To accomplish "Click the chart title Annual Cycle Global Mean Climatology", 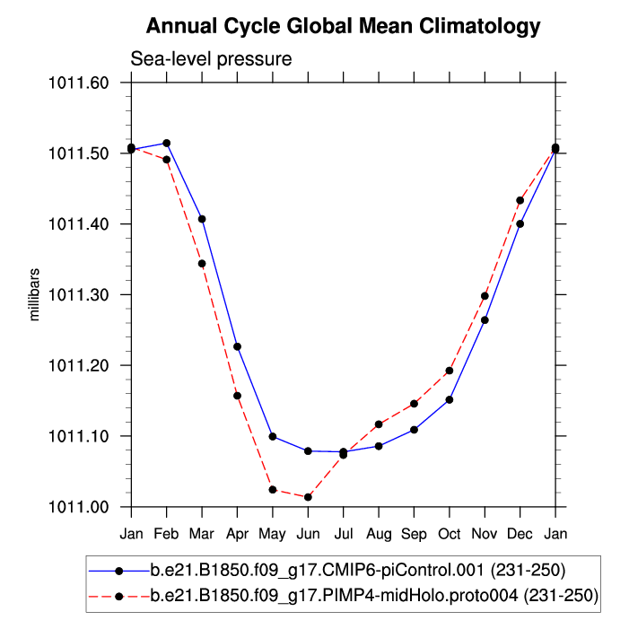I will pos(343,25).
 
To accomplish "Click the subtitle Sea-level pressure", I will pos(212,60).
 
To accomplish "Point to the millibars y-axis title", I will pos(35,294).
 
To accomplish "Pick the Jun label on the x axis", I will pos(308,534).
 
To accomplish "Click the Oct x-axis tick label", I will pos(450,534).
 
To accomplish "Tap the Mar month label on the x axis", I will pos(202,534).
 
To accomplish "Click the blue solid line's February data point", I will pos(167,144).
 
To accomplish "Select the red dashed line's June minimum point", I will pos(308,497).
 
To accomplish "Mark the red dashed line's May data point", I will pos(273,490).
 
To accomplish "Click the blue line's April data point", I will pos(237,346).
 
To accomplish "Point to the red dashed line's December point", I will pos(520,200).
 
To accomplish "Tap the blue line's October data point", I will pos(450,399).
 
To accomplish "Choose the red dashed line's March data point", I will pos(202,264).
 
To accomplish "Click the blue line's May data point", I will pos(273,436).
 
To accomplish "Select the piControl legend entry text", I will pos(357,570).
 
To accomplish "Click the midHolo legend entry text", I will pos(374,595).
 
